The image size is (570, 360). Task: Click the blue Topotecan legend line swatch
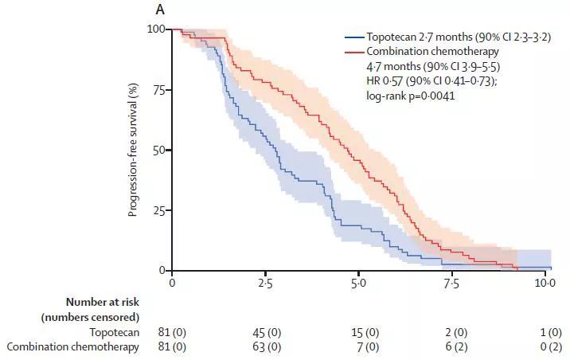coord(353,37)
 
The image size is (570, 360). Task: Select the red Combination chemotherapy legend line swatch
coord(353,51)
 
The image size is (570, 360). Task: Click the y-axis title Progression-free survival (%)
coord(133,150)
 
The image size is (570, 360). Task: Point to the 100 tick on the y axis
coord(157,29)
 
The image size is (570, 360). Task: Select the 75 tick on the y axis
coord(159,90)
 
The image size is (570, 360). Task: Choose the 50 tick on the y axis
coord(159,151)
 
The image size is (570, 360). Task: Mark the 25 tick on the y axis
coord(159,211)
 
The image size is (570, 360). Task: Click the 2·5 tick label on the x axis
coord(265,284)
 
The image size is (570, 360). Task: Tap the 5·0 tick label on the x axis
coord(358,284)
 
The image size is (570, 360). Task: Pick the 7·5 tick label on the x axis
coord(451,284)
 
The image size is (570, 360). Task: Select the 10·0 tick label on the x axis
coord(544,284)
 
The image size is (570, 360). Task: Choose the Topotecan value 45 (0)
coord(266,332)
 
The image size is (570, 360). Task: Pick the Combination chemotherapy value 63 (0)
coord(266,346)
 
